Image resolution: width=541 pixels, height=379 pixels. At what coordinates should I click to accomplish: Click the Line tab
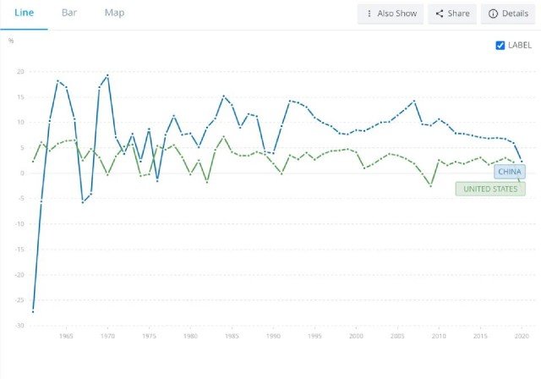[x=24, y=13]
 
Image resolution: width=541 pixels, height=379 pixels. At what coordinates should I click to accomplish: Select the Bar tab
[x=69, y=13]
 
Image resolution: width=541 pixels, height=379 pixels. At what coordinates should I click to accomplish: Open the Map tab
[x=115, y=13]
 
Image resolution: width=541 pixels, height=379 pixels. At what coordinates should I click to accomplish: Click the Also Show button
[x=391, y=14]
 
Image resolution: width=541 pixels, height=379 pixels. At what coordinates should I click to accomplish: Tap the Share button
[x=452, y=14]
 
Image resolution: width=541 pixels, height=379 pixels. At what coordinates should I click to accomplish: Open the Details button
[x=508, y=14]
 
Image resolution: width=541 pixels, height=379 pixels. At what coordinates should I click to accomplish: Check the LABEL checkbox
[x=500, y=45]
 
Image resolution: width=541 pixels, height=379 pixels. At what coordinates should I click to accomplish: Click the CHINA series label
[x=510, y=172]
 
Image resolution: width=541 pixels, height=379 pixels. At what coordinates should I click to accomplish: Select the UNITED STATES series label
[x=490, y=189]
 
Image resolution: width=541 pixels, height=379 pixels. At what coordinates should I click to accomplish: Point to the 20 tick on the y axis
[x=20, y=71]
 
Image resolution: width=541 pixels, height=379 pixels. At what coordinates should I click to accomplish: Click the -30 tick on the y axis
[x=19, y=326]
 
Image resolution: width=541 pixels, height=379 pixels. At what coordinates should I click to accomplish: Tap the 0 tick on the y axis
[x=23, y=173]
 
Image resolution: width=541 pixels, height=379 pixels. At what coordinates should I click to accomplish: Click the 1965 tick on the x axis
[x=66, y=336]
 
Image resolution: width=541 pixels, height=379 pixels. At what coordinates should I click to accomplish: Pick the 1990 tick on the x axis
[x=273, y=336]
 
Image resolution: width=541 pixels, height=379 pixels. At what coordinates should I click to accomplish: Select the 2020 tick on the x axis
[x=522, y=336]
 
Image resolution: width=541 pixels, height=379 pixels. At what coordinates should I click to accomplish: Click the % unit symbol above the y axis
[x=11, y=41]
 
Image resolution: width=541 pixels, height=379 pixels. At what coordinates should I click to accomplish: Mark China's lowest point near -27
[x=33, y=311]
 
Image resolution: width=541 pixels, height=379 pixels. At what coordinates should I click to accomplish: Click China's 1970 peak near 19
[x=107, y=75]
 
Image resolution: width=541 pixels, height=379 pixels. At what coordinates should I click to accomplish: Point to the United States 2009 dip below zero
[x=430, y=186]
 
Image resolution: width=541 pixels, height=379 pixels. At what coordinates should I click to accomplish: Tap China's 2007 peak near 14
[x=414, y=102]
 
